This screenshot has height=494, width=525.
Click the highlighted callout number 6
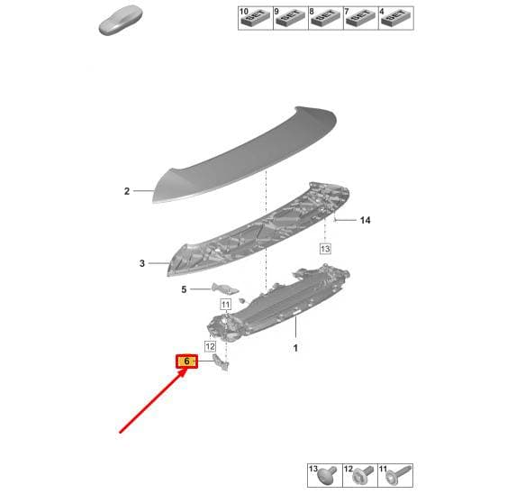click(x=186, y=361)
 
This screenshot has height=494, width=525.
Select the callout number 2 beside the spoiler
click(x=127, y=191)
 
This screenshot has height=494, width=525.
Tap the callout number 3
click(x=142, y=263)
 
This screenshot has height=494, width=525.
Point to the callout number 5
click(x=184, y=289)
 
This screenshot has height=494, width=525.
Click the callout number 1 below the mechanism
click(x=295, y=348)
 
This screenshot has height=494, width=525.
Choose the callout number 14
click(x=365, y=220)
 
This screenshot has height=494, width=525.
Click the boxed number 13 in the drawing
click(x=325, y=249)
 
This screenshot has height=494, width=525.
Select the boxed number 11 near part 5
click(x=225, y=305)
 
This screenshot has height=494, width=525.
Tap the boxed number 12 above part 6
click(x=210, y=346)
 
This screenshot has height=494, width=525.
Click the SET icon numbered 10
click(x=255, y=18)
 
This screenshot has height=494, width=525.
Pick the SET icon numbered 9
click(x=290, y=18)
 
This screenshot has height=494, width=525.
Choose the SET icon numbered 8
click(x=325, y=18)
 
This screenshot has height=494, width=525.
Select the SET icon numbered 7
click(x=360, y=18)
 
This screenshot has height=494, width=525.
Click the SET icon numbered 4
click(x=395, y=18)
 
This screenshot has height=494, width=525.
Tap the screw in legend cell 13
click(x=327, y=475)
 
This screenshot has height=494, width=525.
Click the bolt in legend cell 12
click(x=363, y=475)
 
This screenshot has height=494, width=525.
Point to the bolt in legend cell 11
click(x=398, y=474)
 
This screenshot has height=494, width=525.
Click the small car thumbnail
click(x=120, y=20)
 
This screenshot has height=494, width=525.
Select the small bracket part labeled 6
click(x=221, y=362)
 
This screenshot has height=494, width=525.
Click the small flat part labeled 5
click(x=224, y=288)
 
